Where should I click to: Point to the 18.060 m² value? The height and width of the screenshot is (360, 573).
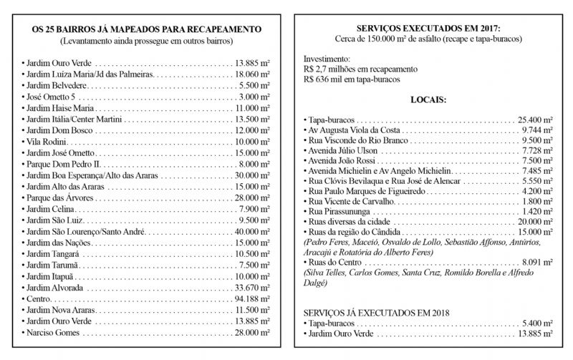pos(251,74)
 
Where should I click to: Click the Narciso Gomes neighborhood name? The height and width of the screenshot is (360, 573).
pos(53,333)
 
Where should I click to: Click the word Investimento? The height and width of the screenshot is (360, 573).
pos(327,58)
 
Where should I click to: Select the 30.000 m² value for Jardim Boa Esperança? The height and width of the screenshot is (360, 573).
pos(251,175)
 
